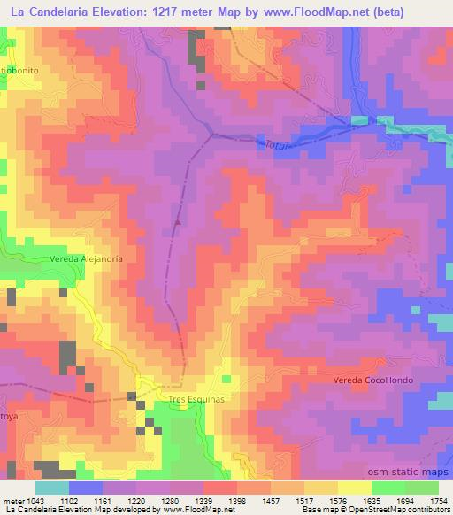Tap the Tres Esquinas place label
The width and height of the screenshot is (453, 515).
196,400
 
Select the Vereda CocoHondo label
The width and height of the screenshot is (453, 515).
373,380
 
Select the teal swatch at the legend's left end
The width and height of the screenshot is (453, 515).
51,487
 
